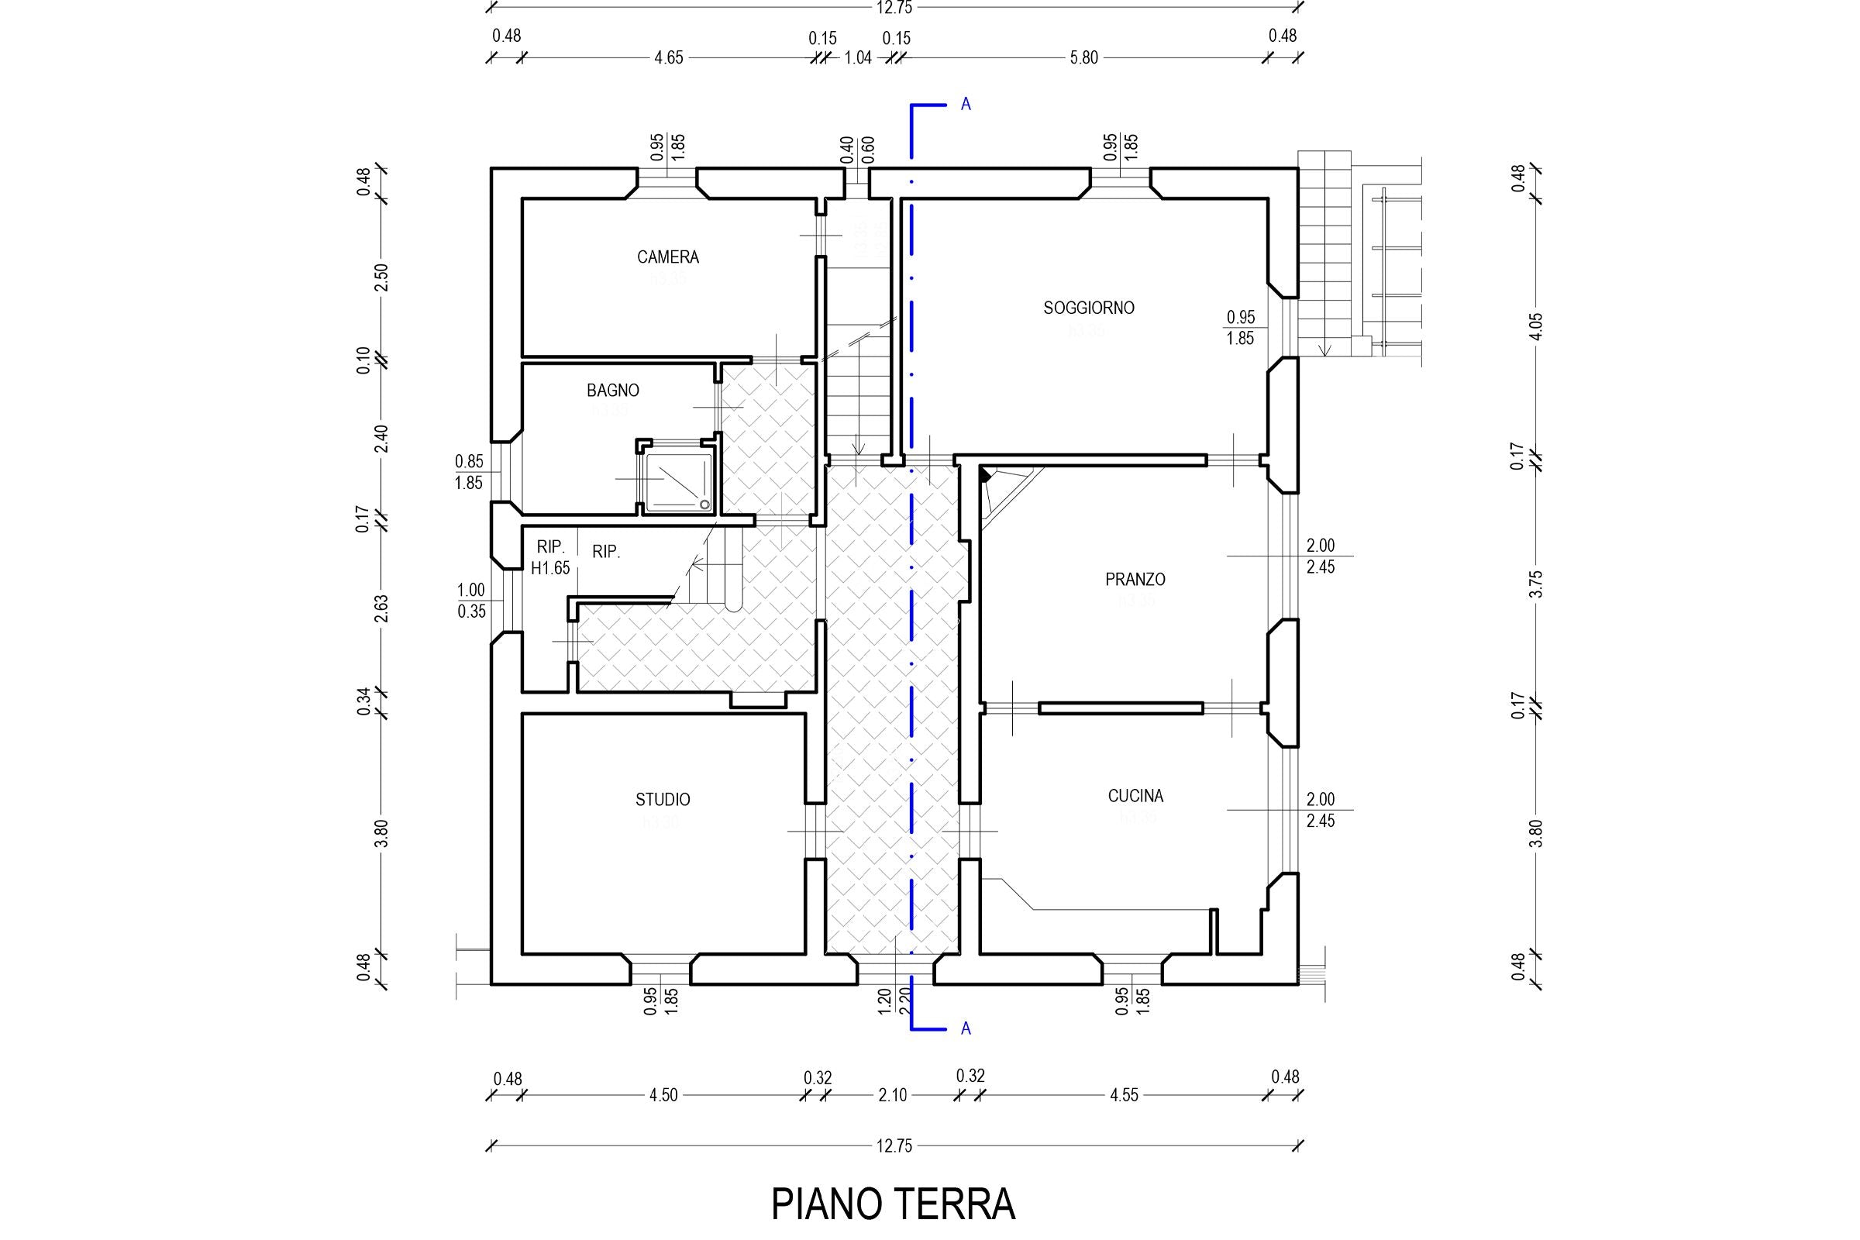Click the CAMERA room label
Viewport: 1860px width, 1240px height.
coord(667,257)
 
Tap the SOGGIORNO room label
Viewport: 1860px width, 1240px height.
coord(1088,308)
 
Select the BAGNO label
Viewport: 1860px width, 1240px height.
coord(612,390)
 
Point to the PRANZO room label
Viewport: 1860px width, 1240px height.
coord(1135,580)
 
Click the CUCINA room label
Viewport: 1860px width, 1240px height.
coord(1135,797)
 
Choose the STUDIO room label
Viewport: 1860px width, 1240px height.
coord(663,800)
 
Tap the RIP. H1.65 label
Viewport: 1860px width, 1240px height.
coord(550,556)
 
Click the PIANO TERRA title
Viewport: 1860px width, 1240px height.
coord(893,1204)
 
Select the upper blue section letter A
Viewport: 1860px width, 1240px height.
coord(966,105)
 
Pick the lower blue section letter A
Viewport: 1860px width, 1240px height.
coord(966,1029)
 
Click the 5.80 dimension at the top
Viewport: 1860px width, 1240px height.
coord(1083,57)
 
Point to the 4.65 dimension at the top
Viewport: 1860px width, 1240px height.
coord(668,57)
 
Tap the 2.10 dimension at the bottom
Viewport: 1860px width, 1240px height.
coord(892,1095)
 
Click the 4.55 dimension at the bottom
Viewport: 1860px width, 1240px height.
coord(1123,1095)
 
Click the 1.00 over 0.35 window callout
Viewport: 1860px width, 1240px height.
coord(471,600)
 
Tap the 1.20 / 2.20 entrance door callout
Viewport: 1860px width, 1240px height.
coord(894,1001)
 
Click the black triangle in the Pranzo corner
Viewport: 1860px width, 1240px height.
coord(984,474)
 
